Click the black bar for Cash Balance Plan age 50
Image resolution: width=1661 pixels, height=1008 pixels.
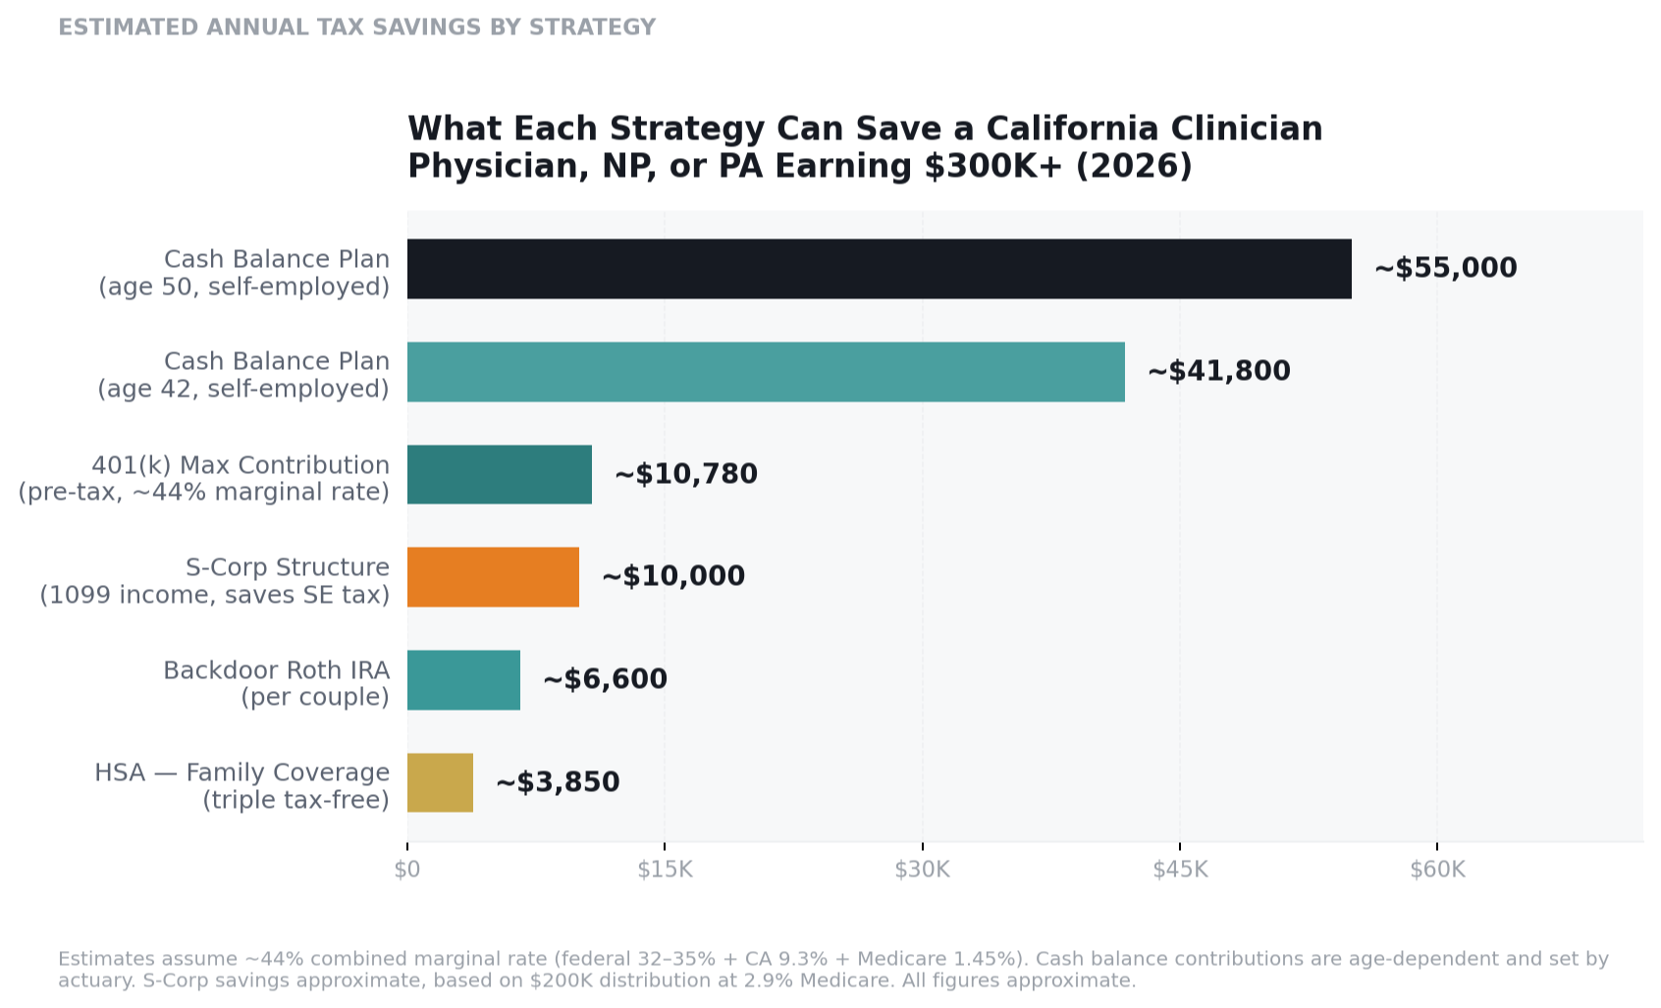click(879, 269)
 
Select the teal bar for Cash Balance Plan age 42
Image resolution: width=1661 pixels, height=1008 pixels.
click(766, 372)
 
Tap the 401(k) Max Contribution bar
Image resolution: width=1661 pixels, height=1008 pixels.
click(499, 475)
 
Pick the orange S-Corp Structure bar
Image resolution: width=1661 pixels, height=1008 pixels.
click(493, 577)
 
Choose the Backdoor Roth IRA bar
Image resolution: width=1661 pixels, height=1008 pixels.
click(463, 680)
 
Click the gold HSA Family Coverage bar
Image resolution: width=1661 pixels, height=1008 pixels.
click(440, 783)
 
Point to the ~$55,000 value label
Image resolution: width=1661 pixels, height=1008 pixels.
click(1445, 268)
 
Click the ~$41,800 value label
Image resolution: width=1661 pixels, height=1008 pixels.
click(1218, 371)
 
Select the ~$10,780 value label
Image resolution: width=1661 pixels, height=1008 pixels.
click(685, 474)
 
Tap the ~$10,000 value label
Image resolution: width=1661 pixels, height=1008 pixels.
click(672, 576)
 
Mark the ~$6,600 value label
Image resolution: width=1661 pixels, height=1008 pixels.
click(605, 679)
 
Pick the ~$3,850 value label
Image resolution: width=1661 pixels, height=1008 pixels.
click(558, 782)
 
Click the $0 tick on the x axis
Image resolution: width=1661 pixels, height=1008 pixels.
click(407, 870)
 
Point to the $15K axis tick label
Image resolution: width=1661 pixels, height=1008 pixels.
click(665, 870)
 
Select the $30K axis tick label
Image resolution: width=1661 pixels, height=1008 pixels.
click(922, 870)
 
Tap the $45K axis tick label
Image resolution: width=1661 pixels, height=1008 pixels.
click(1180, 870)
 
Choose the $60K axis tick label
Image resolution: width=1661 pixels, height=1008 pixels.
click(1437, 870)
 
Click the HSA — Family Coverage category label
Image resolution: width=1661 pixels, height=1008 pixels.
click(241, 773)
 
